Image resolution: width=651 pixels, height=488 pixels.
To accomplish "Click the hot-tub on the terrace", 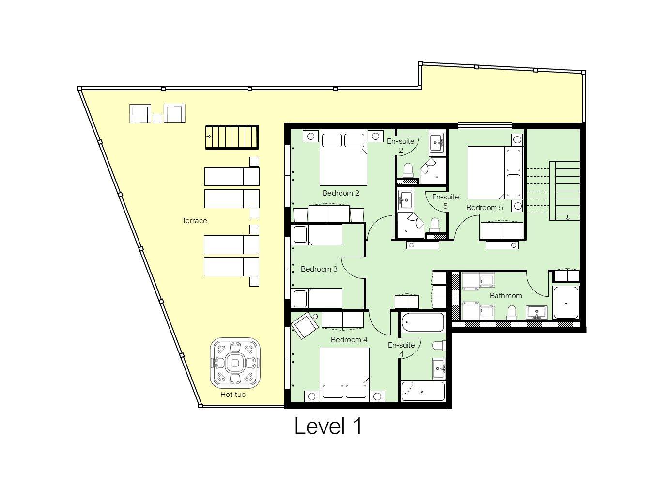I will [235, 363].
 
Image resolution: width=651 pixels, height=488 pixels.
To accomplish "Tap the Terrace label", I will [194, 221].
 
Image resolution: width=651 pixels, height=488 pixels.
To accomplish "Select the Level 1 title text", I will [328, 427].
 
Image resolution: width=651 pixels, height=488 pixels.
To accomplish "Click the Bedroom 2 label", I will [341, 193].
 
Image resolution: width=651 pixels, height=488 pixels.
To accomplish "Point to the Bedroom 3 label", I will [319, 269].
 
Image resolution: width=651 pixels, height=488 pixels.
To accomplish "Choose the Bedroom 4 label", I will [349, 340].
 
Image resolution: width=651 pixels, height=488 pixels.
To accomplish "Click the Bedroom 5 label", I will [484, 208].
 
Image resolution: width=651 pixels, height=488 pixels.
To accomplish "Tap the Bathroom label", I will [506, 296].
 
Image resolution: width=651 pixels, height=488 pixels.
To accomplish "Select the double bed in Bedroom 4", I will [344, 376].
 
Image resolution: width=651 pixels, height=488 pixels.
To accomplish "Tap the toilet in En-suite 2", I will [408, 170].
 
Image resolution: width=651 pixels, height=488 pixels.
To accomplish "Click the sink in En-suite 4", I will [439, 368].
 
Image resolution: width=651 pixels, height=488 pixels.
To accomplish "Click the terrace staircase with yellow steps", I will [232, 137].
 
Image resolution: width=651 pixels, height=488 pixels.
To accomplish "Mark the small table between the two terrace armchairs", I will [157, 118].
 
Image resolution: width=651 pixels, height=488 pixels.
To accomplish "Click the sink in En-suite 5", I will [405, 198].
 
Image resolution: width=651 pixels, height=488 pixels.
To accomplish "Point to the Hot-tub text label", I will [233, 395].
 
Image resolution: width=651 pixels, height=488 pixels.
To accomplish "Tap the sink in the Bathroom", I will [536, 312].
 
